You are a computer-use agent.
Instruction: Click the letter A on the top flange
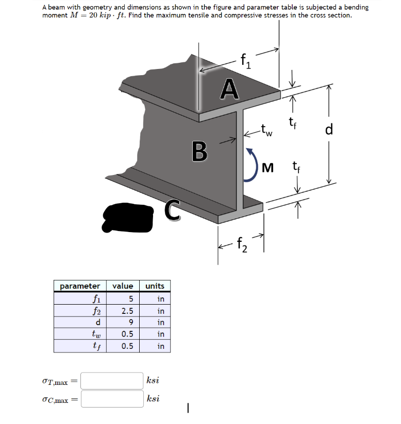pos(229,88)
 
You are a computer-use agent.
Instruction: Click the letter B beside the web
pos(200,151)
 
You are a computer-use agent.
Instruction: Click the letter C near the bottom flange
pos(173,210)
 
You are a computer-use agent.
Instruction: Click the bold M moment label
pos(268,167)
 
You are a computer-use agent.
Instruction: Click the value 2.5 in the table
pos(127,311)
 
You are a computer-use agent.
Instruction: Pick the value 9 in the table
pos(131,323)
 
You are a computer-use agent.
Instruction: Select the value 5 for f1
pos(131,299)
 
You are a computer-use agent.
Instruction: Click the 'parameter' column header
pos(80,286)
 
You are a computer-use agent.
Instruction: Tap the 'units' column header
pos(155,286)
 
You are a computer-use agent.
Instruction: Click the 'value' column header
pos(123,286)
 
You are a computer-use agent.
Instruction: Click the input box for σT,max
pos(111,381)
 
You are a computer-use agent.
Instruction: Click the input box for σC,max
pos(111,399)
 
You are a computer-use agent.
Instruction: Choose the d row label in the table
pos(97,323)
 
